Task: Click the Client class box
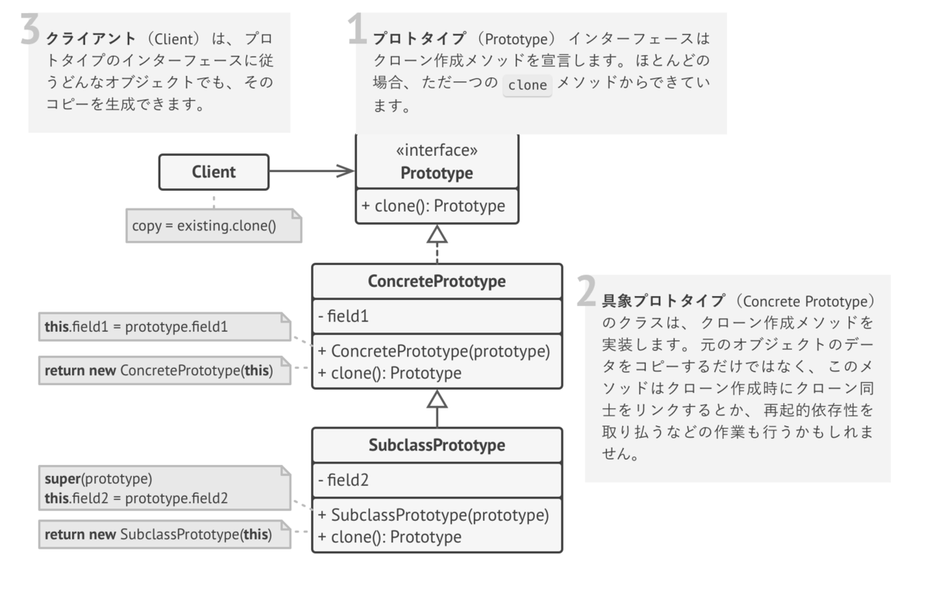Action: [214, 172]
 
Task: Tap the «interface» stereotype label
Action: [437, 150]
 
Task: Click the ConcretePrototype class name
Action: [437, 281]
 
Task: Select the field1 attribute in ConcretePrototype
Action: [345, 317]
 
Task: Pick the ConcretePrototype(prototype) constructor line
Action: [434, 351]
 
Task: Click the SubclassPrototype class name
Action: [437, 446]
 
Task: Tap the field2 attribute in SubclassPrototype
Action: [345, 480]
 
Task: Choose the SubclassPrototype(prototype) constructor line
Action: [434, 515]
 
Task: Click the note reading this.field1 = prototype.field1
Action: [136, 327]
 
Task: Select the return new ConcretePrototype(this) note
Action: [158, 370]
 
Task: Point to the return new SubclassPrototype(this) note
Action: [158, 534]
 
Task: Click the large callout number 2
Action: [587, 292]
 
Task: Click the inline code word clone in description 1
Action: [527, 85]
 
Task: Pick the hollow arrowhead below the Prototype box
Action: [437, 233]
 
